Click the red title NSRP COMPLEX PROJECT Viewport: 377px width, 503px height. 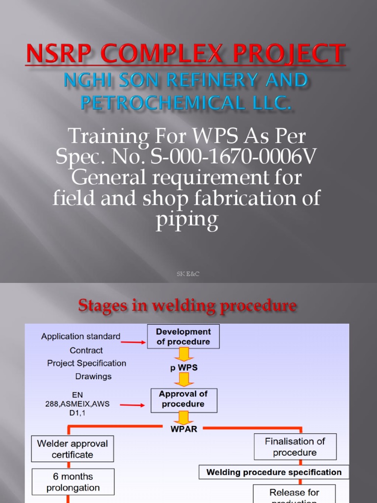click(x=186, y=54)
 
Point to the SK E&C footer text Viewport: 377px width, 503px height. click(x=188, y=274)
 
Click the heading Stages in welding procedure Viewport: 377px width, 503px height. click(x=188, y=307)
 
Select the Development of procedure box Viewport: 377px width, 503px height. click(x=183, y=336)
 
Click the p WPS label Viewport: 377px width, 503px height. click(x=183, y=367)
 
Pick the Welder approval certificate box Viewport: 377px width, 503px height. click(x=73, y=448)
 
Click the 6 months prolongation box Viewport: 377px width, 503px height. click(x=73, y=482)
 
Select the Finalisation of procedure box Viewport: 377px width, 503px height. click(x=295, y=447)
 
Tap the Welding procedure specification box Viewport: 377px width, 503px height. click(x=274, y=472)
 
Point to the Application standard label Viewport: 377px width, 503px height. click(x=81, y=336)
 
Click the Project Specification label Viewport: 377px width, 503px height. click(x=86, y=363)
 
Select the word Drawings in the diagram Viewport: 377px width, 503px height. click(x=93, y=376)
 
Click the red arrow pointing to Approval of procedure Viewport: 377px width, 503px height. click(x=133, y=405)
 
